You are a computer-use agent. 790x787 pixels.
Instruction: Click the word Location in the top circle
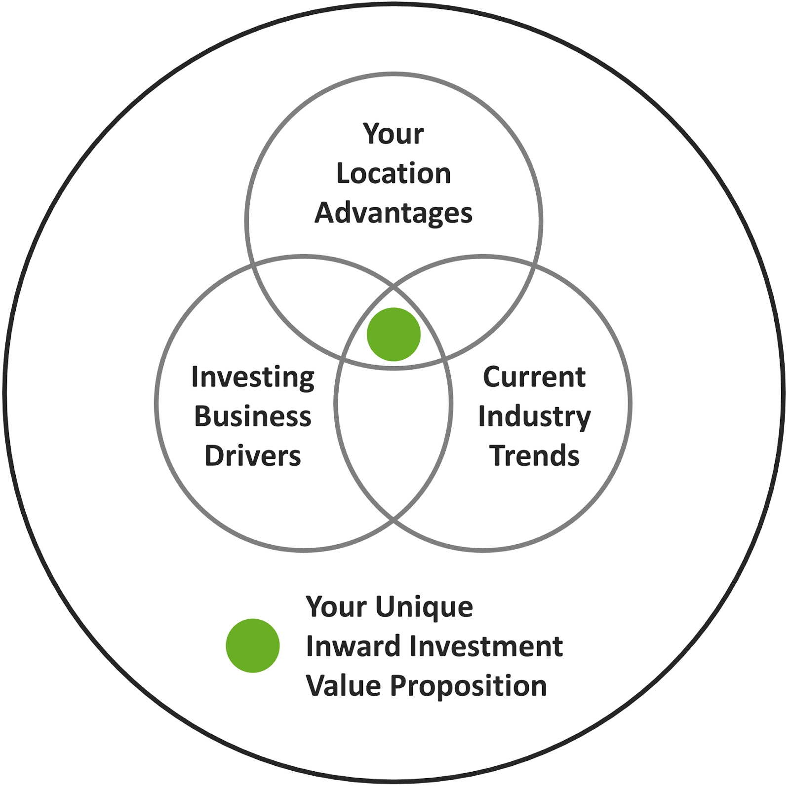click(x=394, y=173)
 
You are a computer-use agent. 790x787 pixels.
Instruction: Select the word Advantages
click(x=394, y=213)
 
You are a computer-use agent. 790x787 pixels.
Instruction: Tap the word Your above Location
click(x=394, y=134)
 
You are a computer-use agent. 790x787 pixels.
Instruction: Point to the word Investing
click(x=253, y=377)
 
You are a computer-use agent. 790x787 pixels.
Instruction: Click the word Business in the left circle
click(x=253, y=416)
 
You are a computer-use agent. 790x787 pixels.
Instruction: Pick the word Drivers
click(x=253, y=455)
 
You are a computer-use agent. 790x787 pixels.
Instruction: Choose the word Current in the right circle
click(x=534, y=377)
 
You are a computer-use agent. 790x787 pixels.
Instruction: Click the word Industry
click(x=534, y=417)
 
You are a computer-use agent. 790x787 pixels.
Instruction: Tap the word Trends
click(x=534, y=455)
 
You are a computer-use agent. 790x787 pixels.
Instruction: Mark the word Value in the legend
click(x=343, y=686)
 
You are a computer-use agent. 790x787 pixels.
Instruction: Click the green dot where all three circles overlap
click(x=394, y=335)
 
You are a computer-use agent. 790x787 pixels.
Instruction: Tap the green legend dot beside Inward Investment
click(x=253, y=645)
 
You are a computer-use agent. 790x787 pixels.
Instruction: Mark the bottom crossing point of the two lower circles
click(x=394, y=519)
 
